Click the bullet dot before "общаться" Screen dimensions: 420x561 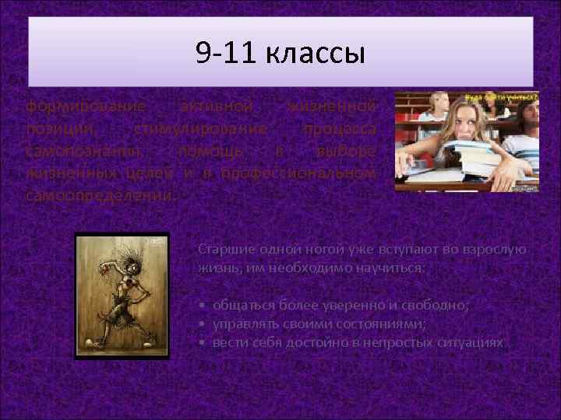pyautogui.click(x=202, y=306)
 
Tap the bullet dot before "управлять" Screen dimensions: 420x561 pyautogui.click(x=202, y=324)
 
